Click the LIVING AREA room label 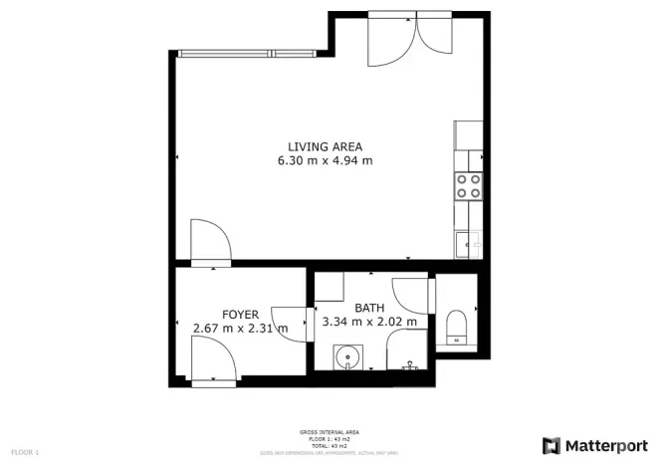[325, 146]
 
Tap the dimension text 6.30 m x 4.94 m [325, 160]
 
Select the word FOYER [240, 315]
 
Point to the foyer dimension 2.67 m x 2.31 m [240, 328]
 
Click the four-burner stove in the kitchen [468, 185]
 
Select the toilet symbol [458, 326]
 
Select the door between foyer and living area [210, 242]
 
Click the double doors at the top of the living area [408, 40]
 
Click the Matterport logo [594, 444]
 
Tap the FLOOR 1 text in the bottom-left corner [25, 453]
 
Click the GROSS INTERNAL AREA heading [324, 432]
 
